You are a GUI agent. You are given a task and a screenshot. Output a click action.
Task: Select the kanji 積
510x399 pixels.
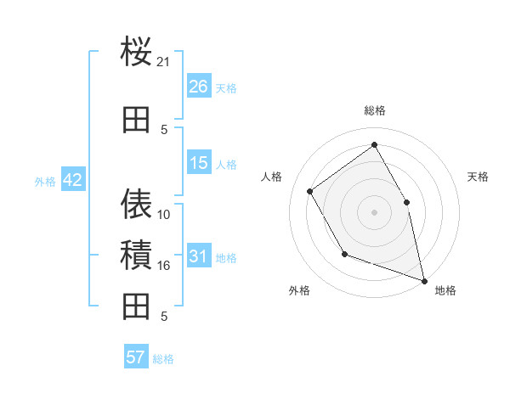pyautogui.click(x=137, y=255)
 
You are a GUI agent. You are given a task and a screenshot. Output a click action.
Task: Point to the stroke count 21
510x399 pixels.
pyautogui.click(x=164, y=62)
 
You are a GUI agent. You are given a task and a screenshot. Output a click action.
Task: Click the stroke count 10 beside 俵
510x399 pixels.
pyautogui.click(x=164, y=215)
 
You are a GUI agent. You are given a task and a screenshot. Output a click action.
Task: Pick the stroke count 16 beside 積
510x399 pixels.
pyautogui.click(x=164, y=266)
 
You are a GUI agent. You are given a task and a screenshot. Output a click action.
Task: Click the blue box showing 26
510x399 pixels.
pyautogui.click(x=199, y=87)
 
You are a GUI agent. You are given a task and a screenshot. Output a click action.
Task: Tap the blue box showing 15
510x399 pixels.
pyautogui.click(x=199, y=163)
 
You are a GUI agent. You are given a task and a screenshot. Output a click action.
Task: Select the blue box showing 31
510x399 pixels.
pyautogui.click(x=199, y=256)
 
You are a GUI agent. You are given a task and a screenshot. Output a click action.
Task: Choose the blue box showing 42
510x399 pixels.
pyautogui.click(x=72, y=180)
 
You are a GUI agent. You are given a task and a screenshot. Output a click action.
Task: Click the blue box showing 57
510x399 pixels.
pyautogui.click(x=136, y=357)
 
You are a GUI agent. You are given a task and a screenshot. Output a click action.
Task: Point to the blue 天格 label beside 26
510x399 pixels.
pyautogui.click(x=226, y=87)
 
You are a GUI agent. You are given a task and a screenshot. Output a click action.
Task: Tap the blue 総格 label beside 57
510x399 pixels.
pyautogui.click(x=163, y=358)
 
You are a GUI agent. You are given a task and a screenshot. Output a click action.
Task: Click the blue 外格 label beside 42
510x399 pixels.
pyautogui.click(x=45, y=181)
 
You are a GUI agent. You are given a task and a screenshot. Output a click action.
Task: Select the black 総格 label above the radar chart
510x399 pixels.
pyautogui.click(x=375, y=110)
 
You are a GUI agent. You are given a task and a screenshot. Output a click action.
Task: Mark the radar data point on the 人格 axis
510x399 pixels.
pyautogui.click(x=310, y=191)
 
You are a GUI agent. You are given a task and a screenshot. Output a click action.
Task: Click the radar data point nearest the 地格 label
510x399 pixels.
pyautogui.click(x=424, y=280)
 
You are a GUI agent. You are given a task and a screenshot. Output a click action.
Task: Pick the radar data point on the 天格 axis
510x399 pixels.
pyautogui.click(x=406, y=202)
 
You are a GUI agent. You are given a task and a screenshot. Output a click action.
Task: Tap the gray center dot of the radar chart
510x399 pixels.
pyautogui.click(x=374, y=212)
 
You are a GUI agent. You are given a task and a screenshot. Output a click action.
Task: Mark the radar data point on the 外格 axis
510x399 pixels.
pyautogui.click(x=344, y=254)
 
